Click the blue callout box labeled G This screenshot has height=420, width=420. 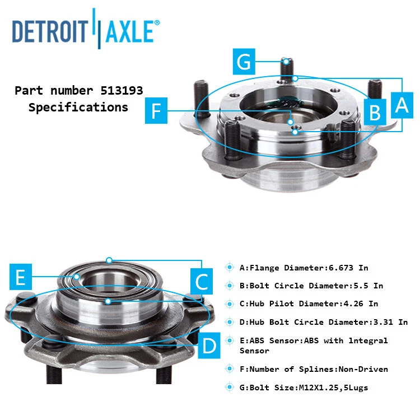244,62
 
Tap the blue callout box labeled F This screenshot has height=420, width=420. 157,110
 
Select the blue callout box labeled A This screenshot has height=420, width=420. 402,104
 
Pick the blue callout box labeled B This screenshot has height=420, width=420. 374,111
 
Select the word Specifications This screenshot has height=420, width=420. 78,107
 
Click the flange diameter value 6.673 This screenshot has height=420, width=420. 343,268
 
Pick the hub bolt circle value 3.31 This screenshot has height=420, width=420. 385,322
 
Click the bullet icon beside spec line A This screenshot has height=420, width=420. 230,268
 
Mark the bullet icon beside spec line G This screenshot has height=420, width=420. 230,388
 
